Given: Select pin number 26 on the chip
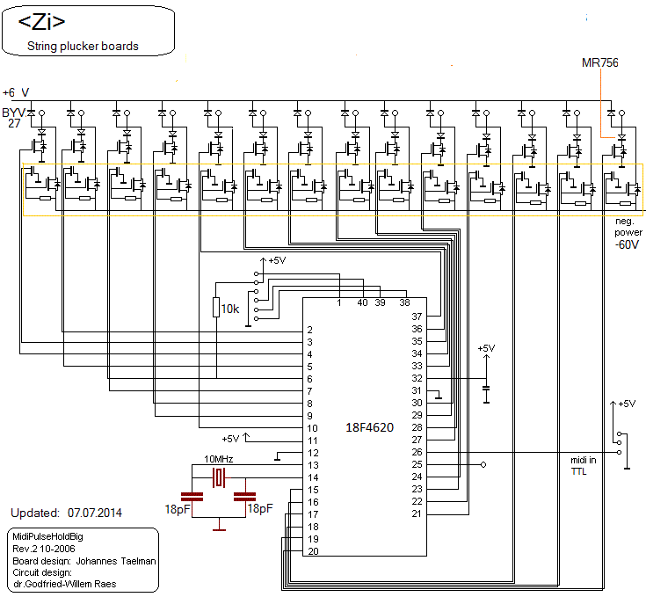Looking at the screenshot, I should point(417,452).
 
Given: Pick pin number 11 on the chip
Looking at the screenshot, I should point(310,440).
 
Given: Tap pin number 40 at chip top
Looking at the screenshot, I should point(362,303).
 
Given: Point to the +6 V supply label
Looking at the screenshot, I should point(16,91).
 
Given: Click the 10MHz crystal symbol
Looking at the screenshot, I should point(220,477).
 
